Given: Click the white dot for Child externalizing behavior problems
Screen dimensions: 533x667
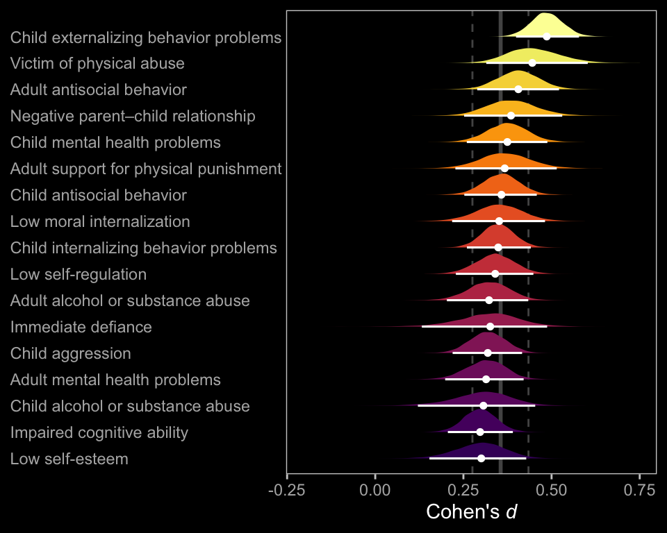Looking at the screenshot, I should tap(547, 36).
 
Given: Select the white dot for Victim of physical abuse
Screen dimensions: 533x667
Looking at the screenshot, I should tap(532, 62).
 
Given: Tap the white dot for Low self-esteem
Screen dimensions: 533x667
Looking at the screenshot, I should tap(481, 458).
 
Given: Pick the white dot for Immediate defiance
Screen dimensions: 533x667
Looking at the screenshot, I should tap(491, 326).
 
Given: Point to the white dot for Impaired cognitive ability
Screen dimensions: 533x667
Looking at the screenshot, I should tap(480, 432).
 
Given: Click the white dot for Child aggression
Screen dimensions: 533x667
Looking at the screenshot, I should tap(488, 353).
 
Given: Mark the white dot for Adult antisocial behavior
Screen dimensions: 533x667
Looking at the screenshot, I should tap(518, 89).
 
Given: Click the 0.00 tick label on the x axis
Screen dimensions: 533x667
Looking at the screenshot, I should tap(375, 490).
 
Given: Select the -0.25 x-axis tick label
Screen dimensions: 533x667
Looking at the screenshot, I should tap(287, 490).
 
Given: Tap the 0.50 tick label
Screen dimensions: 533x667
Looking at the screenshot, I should tap(552, 490).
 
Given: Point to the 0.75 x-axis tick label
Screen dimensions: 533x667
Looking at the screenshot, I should tap(639, 490).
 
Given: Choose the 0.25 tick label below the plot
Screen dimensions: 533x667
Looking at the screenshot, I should tap(463, 490).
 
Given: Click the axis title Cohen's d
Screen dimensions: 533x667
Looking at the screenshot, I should tap(472, 512).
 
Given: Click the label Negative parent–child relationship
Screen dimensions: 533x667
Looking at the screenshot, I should tap(133, 116).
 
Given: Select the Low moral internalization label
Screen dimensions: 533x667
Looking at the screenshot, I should tap(100, 221).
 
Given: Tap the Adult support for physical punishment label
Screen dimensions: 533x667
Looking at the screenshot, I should tap(146, 169).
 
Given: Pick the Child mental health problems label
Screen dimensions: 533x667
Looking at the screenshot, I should tap(115, 142).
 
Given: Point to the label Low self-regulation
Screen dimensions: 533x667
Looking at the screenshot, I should tap(79, 274).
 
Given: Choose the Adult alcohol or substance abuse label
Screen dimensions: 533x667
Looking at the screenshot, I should tap(130, 301).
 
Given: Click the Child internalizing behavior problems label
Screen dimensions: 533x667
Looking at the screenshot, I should tap(144, 248).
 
